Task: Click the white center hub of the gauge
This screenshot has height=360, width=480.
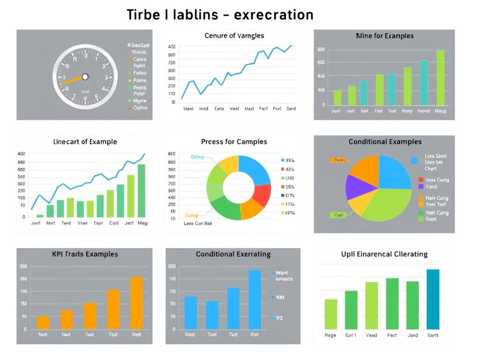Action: coord(85,76)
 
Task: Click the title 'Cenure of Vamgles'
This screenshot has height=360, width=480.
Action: coord(234,36)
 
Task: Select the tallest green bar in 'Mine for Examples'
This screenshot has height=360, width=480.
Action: coord(440,77)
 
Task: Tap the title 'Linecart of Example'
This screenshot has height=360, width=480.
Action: coord(85,142)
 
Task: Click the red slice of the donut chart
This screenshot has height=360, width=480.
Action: coord(262,195)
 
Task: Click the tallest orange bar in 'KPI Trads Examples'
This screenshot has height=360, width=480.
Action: coord(136,302)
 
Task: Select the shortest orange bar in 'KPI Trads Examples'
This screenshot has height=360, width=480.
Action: coord(43,322)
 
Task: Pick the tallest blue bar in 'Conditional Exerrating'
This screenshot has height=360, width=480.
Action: coord(255,299)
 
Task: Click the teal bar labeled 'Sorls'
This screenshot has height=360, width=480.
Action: coord(433,299)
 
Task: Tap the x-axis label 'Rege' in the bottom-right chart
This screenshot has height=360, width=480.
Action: coord(330,336)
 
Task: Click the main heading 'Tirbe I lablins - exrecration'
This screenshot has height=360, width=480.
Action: coord(220,15)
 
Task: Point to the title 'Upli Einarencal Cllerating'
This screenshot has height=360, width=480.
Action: coord(384,254)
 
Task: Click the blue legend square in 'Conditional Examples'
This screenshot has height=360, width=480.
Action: coord(414,160)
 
